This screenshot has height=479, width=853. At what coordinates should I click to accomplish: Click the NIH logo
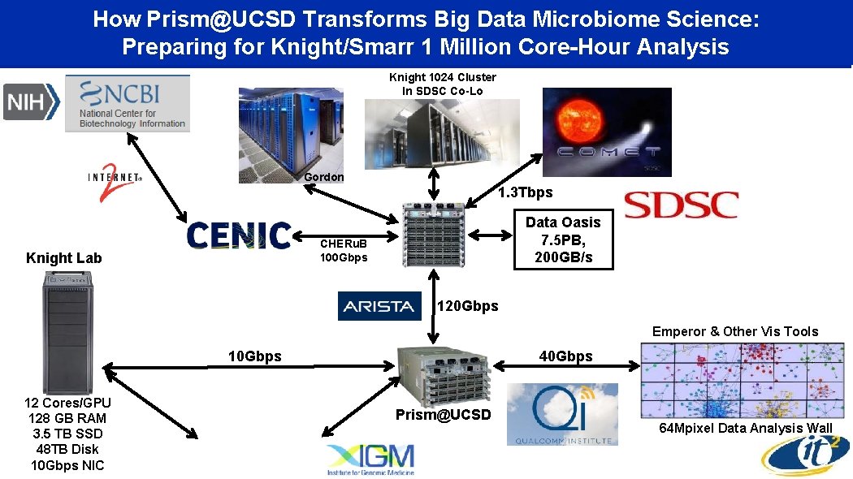click(x=32, y=102)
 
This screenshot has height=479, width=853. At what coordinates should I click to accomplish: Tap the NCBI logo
click(x=127, y=102)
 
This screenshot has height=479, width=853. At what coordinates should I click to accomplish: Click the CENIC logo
click(x=239, y=235)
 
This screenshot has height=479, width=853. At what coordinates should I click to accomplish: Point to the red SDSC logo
click(x=681, y=204)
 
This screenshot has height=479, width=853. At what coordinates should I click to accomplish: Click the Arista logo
click(x=379, y=306)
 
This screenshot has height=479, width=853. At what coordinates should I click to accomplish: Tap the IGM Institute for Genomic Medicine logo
click(x=370, y=460)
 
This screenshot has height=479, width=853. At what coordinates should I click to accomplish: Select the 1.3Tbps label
click(x=525, y=192)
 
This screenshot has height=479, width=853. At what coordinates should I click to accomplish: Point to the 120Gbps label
click(x=468, y=306)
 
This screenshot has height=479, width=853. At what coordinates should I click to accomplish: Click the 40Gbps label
click(x=566, y=356)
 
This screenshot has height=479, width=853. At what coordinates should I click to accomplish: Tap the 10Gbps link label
click(x=254, y=356)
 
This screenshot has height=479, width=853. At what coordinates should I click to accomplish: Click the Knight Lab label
click(x=64, y=258)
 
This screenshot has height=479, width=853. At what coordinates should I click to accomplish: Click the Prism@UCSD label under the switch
click(x=444, y=415)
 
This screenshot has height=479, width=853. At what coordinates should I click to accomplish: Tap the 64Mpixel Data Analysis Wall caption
click(x=745, y=428)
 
